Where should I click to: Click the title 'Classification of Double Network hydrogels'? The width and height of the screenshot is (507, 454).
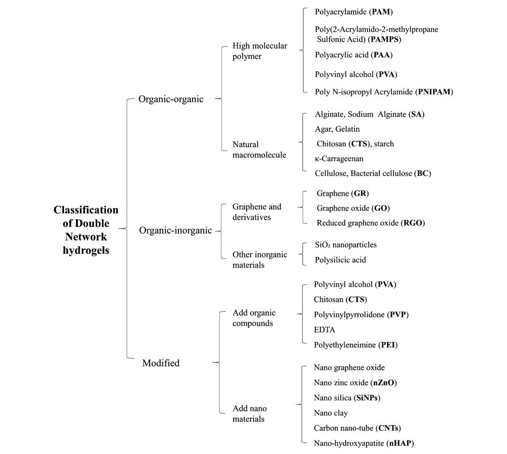pos(86,230)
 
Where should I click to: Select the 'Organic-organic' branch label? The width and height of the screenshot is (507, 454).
pos(171,99)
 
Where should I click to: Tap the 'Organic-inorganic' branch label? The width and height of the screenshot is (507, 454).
pos(175,231)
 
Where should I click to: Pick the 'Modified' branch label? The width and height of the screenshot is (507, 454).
pos(161,363)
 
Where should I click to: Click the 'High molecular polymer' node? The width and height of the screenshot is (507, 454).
pos(260,51)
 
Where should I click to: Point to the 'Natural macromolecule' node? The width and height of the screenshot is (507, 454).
pos(259,149)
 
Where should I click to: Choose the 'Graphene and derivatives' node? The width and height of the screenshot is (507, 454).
pos(257,212)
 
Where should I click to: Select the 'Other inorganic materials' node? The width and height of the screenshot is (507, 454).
pos(260,259)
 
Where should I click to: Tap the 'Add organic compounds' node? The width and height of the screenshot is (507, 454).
pos(254,318)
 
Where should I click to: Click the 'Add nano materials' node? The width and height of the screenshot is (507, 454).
pos(249,413)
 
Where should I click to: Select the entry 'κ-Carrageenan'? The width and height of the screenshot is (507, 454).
pos(339,159)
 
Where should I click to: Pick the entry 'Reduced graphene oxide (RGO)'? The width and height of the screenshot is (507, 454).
pos(371,223)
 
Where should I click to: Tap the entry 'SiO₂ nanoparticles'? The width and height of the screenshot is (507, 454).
pos(346,245)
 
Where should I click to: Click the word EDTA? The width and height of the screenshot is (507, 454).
pos(324,330)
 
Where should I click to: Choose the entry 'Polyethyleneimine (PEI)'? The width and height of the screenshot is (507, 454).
pos(355,345)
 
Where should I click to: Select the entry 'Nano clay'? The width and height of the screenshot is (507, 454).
pos(331,413)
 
